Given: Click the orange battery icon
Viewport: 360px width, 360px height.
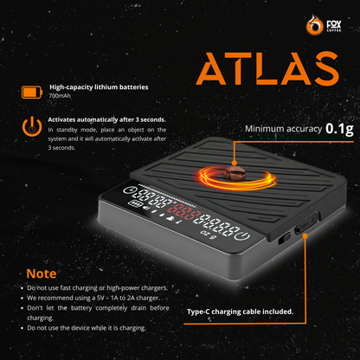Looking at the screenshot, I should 29,91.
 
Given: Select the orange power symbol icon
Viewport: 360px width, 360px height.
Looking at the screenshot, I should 29,126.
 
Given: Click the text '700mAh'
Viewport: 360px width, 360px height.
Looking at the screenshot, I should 61,97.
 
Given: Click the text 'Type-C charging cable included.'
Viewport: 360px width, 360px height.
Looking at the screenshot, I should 240,311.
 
